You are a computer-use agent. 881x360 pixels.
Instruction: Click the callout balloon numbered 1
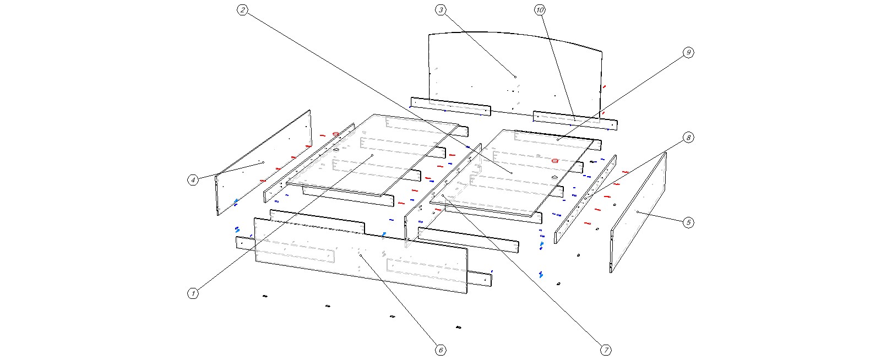193,294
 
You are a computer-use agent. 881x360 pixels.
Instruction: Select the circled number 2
243,10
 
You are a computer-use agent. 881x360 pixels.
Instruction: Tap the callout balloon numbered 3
440,10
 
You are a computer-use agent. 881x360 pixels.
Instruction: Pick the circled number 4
193,179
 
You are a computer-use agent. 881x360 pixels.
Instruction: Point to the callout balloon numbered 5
688,222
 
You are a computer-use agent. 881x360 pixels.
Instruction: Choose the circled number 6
440,350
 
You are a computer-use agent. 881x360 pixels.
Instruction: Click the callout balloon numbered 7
605,350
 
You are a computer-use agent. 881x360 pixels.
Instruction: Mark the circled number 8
688,137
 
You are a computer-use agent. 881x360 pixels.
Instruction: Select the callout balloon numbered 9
688,52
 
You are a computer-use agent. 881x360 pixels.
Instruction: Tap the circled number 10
540,10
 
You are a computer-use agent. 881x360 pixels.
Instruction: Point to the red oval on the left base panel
335,133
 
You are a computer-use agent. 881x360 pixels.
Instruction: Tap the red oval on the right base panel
555,161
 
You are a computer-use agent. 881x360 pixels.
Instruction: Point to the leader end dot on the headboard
515,77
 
